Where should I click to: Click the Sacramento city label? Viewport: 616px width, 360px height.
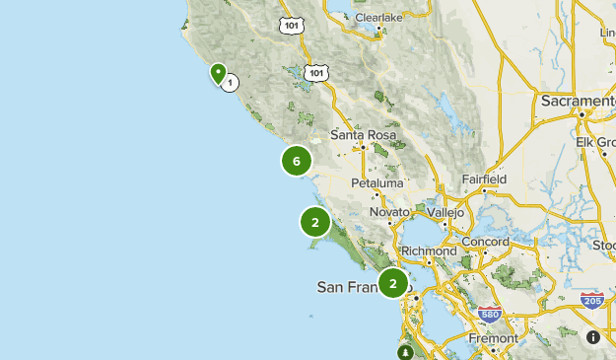[x=577, y=101]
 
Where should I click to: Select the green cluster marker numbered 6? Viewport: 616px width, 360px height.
[x=297, y=161]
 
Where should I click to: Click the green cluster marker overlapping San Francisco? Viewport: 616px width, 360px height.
[x=392, y=284]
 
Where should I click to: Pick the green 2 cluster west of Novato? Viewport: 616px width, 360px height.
[x=315, y=222]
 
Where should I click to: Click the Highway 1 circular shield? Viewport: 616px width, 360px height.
[x=230, y=83]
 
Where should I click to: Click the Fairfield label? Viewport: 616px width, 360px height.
[x=484, y=180]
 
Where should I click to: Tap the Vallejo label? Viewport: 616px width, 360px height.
[x=445, y=212]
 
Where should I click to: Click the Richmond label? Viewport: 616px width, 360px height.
[x=430, y=252]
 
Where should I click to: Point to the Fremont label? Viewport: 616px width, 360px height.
[x=493, y=338]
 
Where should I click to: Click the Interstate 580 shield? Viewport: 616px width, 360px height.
[x=489, y=315]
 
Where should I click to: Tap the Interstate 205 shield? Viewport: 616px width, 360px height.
[x=592, y=300]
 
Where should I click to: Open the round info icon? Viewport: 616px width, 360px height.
[x=593, y=337]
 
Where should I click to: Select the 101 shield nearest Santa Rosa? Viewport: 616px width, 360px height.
[x=315, y=73]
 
